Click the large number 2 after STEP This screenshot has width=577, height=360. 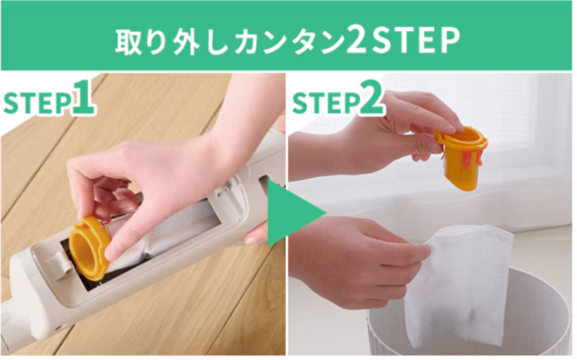[x=371, y=97]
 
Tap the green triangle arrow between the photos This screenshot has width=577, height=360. [x=295, y=213]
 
